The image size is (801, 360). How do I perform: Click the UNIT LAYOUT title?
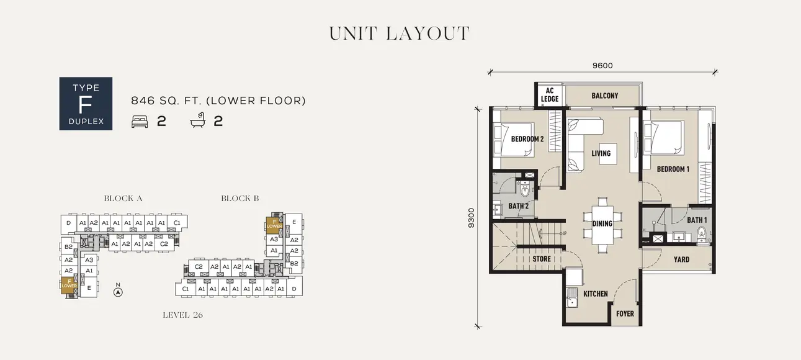(x=399, y=34)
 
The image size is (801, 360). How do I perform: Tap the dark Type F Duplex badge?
(x=86, y=104)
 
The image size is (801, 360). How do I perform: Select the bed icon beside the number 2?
(x=140, y=121)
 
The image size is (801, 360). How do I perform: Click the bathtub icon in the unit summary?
(x=197, y=121)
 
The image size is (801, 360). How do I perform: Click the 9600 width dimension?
(x=602, y=66)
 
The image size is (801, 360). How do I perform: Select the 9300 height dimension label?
(x=472, y=218)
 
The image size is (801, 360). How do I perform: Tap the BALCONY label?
(x=604, y=96)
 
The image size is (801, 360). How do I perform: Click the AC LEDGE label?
(x=550, y=95)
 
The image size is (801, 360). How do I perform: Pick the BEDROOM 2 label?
(x=527, y=139)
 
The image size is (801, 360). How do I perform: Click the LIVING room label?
(x=601, y=153)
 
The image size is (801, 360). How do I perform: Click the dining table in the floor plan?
(x=602, y=223)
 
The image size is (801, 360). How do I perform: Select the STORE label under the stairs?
(x=541, y=259)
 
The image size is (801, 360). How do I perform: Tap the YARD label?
(x=681, y=259)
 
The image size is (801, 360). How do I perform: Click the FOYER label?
(x=625, y=313)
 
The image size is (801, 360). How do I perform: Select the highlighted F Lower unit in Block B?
(x=274, y=223)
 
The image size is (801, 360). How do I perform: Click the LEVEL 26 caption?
(x=182, y=315)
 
